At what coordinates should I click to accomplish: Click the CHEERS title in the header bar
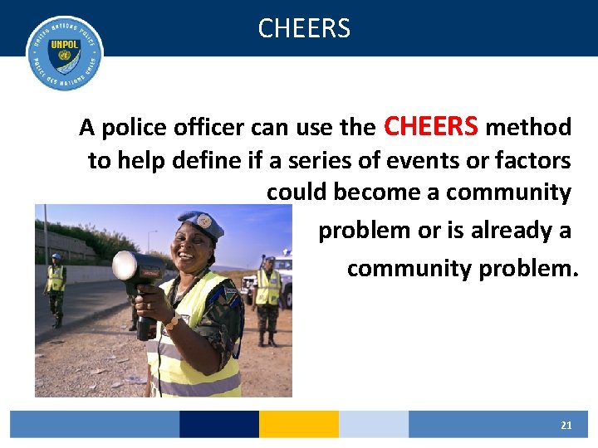click(304, 28)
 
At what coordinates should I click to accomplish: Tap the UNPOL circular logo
click(65, 53)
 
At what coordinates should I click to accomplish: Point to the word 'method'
click(528, 128)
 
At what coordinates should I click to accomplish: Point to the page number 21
click(566, 425)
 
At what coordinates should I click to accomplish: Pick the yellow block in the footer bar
click(298, 424)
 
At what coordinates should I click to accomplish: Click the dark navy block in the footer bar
click(218, 424)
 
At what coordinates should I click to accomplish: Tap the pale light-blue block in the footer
click(373, 424)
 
